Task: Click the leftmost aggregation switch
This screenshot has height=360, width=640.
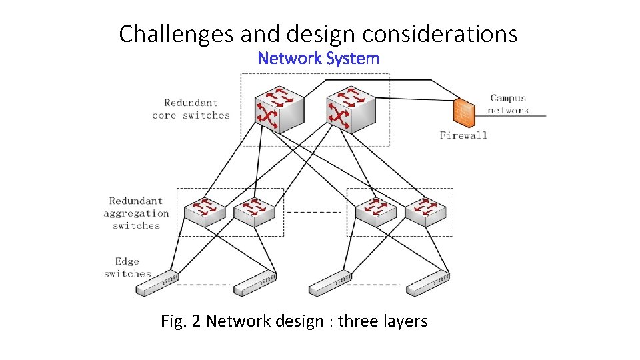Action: pyautogui.click(x=204, y=211)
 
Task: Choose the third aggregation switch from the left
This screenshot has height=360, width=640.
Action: pyautogui.click(x=375, y=211)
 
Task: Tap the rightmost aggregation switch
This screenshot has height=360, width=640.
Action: pyautogui.click(x=425, y=211)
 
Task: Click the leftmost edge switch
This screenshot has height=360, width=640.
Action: pyautogui.click(x=157, y=285)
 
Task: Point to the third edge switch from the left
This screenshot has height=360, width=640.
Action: pyautogui.click(x=331, y=285)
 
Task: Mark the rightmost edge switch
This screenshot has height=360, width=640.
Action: pyautogui.click(x=429, y=285)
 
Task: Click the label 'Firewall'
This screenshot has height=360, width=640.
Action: pyautogui.click(x=463, y=135)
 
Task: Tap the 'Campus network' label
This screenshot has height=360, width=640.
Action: pyautogui.click(x=508, y=105)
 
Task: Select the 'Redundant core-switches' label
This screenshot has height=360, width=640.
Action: pyautogui.click(x=191, y=109)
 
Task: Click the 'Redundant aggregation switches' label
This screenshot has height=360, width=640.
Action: pyautogui.click(x=136, y=213)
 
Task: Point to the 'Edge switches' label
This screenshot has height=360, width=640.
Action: pyautogui.click(x=127, y=267)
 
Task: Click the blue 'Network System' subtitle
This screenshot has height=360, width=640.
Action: pyautogui.click(x=319, y=58)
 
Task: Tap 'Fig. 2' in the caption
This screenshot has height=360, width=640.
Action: pyautogui.click(x=181, y=321)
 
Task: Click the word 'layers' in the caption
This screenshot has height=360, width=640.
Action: pyautogui.click(x=402, y=321)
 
